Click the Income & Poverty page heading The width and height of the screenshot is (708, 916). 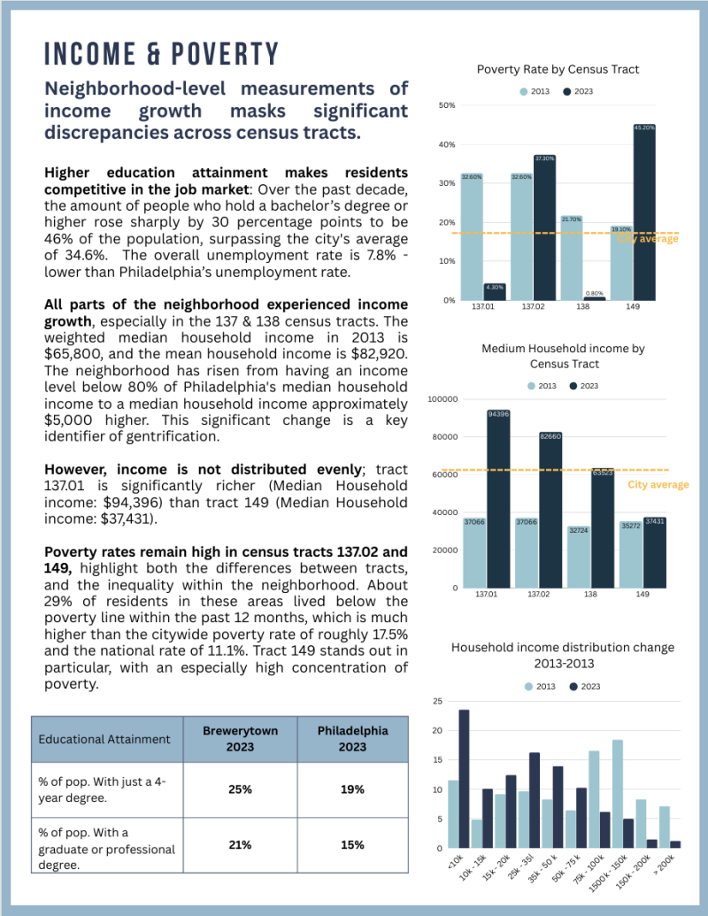[x=162, y=54]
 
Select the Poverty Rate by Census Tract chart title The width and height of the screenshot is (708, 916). [x=558, y=69]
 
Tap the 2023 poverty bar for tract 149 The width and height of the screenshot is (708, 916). [x=643, y=212]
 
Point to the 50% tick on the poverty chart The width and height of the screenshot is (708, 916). [x=447, y=105]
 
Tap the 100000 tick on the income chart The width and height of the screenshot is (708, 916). [x=442, y=399]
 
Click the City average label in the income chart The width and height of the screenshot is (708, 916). [x=658, y=485]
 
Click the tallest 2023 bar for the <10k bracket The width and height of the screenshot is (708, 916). [x=464, y=779]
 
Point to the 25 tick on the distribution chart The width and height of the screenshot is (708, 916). [x=437, y=701]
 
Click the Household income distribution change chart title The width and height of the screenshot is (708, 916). [x=562, y=656]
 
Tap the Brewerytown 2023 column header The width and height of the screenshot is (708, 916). [x=240, y=739]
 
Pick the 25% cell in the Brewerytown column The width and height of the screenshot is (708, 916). [x=240, y=789]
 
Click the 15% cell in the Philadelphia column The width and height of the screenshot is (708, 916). [x=352, y=844]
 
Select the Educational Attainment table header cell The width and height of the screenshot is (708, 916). [x=105, y=739]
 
